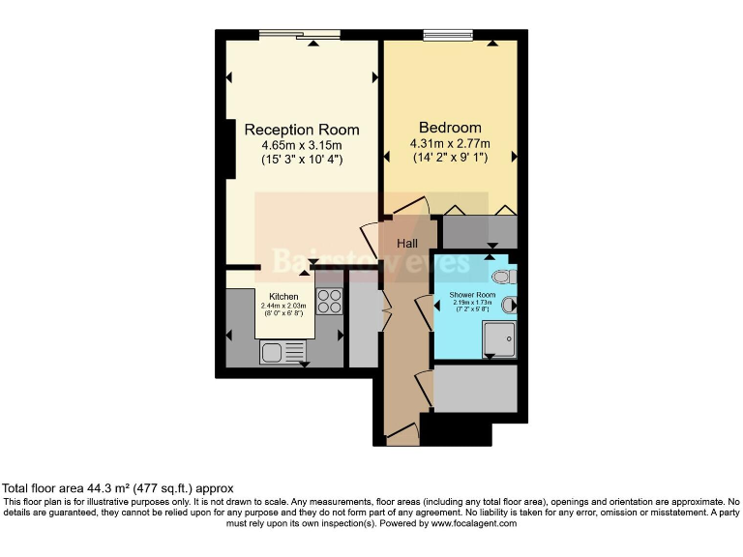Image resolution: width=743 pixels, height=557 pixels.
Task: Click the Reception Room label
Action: [301, 130]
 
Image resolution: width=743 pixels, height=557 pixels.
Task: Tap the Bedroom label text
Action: [450, 128]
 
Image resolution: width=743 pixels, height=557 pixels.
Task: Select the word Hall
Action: [407, 244]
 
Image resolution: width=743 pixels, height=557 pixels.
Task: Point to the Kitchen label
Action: [282, 297]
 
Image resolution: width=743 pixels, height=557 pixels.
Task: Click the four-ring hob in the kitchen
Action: [330, 302]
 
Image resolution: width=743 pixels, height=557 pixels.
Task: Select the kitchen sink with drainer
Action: [282, 352]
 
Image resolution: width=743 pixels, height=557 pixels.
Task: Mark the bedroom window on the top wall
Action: [448, 36]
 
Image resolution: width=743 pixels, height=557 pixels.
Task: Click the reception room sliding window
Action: [300, 36]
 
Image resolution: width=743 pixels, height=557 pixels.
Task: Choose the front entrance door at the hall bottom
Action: [399, 440]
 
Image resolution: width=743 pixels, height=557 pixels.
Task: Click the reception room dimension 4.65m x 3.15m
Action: [302, 145]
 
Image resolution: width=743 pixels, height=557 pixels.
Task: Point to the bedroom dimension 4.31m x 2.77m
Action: [450, 143]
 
